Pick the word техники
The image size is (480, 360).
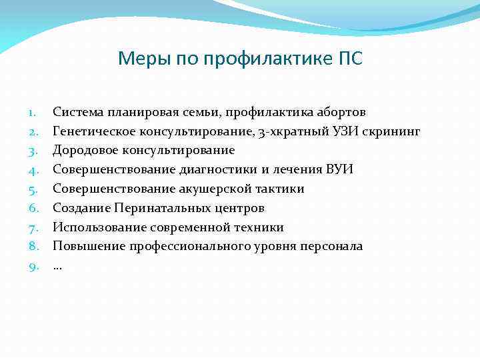click(259, 227)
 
